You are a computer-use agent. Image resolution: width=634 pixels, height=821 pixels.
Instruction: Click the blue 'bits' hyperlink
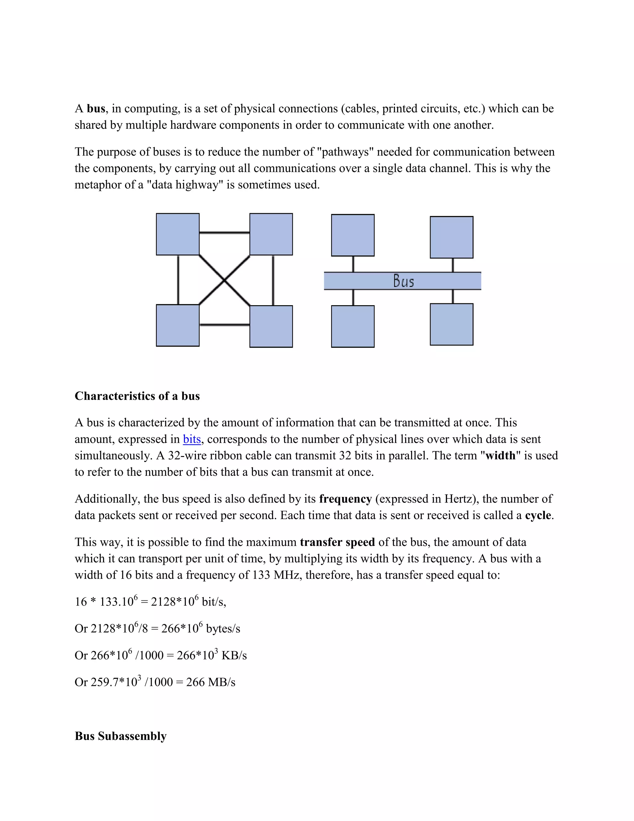pos(192,439)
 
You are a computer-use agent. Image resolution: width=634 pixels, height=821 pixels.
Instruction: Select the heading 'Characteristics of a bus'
pos(137,396)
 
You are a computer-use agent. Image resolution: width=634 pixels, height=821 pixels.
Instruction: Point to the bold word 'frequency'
pos(345,499)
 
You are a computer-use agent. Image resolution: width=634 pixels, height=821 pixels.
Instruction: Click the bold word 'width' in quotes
pos(500,456)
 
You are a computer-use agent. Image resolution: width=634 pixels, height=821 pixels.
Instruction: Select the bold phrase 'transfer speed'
pos(337,542)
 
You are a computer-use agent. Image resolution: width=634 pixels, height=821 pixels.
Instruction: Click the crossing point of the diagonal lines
pos(224,280)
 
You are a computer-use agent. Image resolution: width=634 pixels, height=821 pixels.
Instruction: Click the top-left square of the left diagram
pos(178,234)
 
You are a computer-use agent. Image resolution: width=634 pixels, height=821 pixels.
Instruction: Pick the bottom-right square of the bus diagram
pos(451,324)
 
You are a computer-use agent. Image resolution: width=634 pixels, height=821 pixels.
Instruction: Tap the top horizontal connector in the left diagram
pos(224,233)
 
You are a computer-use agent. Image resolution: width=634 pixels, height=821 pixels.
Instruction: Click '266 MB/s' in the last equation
pos(211,682)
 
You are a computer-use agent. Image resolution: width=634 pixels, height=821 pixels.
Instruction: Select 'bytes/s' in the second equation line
pos(223,629)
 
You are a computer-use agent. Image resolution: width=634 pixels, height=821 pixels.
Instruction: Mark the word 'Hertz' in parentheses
pos(460,499)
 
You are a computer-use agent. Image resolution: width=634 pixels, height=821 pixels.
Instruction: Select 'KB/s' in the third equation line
pos(234,656)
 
